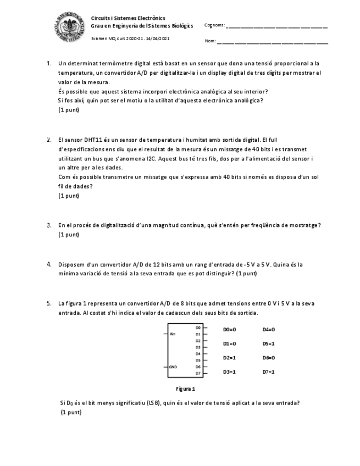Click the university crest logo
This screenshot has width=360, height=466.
click(69, 27)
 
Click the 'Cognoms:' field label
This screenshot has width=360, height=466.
click(214, 25)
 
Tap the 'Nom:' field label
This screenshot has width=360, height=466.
click(210, 41)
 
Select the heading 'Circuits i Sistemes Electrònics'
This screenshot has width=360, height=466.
click(128, 18)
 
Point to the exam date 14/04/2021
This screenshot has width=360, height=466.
click(158, 39)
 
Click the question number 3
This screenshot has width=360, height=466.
click(49, 225)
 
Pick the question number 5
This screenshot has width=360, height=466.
click(49, 303)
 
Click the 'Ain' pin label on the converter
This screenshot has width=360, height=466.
click(173, 334)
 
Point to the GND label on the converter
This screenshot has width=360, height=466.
click(174, 366)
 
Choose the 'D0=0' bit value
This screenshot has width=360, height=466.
click(229, 330)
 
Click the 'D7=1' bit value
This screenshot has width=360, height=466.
click(268, 372)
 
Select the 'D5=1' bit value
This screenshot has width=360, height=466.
click(268, 344)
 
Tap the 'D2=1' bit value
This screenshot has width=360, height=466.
click(229, 358)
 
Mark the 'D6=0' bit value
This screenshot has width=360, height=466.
click(268, 358)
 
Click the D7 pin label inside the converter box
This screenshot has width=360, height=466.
click(198, 373)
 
